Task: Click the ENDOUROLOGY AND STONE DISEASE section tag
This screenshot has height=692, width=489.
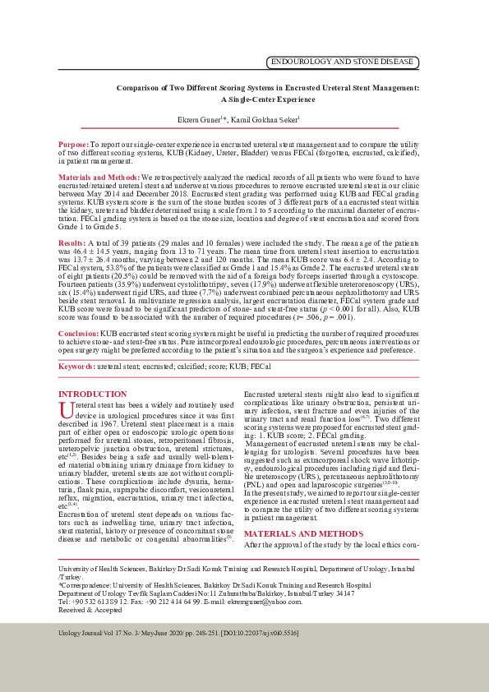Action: (343, 62)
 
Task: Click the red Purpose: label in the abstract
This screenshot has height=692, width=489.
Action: (74, 144)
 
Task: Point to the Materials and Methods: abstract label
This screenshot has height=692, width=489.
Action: (99, 178)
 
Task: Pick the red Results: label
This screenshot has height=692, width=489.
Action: (72, 244)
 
